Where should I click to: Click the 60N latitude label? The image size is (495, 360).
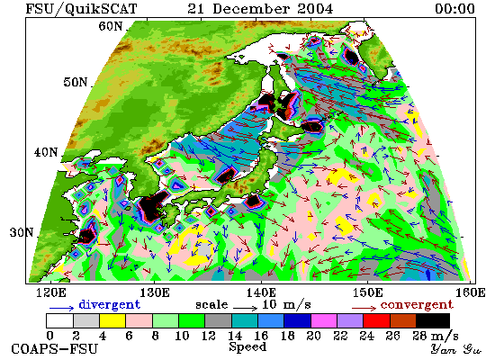coord(111,26)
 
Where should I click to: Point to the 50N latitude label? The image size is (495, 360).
coord(75,82)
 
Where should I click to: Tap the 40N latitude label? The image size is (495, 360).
coord(46,152)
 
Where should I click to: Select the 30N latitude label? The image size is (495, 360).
coord(22,233)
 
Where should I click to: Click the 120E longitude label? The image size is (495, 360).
coord(51,292)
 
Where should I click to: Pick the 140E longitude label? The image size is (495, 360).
coord(261,292)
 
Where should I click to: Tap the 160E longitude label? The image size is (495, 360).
coord(471,292)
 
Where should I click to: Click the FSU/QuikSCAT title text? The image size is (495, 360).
coord(81,9)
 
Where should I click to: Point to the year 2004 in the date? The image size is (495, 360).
coord(315,8)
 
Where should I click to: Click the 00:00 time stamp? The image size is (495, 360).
coord(454,8)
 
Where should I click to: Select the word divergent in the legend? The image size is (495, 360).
coord(109,304)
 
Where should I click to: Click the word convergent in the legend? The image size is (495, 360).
coord(417,304)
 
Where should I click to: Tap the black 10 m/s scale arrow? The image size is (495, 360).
coord(246,307)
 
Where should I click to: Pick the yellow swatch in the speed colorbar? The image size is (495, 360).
coord(112,320)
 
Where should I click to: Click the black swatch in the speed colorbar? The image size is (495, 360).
coord(433,320)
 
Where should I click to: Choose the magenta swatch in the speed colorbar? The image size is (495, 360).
coord(324,320)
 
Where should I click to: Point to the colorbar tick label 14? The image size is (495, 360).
coord(235,336)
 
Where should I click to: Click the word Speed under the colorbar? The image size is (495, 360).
coord(247,347)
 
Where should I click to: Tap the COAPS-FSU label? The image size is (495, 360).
coord(55,349)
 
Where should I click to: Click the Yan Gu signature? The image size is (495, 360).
coord(456,349)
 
